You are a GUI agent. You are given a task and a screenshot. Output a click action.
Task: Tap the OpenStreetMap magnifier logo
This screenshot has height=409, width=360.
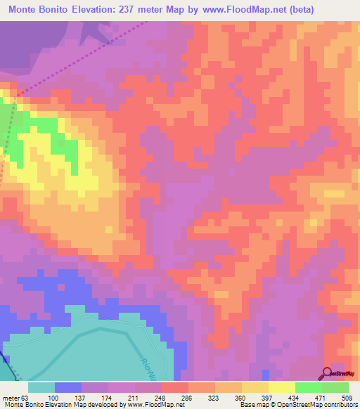(327, 373)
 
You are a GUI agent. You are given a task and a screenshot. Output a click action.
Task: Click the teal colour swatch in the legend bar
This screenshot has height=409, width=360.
(41, 387)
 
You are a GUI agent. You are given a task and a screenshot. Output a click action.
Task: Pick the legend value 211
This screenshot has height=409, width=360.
(136, 397)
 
